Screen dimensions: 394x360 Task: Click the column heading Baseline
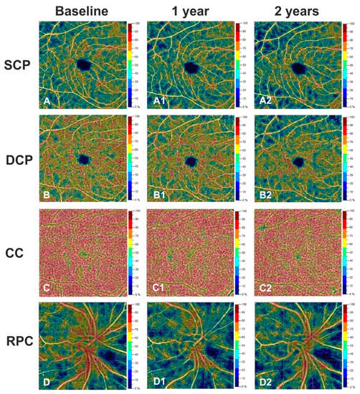(x=85, y=11)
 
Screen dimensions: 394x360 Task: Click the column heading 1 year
(x=189, y=11)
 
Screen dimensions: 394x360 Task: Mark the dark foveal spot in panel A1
(x=191, y=68)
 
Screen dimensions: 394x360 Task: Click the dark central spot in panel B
(x=83, y=159)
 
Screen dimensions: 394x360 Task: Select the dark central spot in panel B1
(x=190, y=161)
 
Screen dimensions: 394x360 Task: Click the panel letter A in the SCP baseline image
(x=47, y=102)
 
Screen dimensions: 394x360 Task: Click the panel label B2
(x=264, y=196)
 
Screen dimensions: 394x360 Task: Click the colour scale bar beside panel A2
(x=345, y=65)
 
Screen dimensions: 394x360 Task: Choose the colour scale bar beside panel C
(x=131, y=252)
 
